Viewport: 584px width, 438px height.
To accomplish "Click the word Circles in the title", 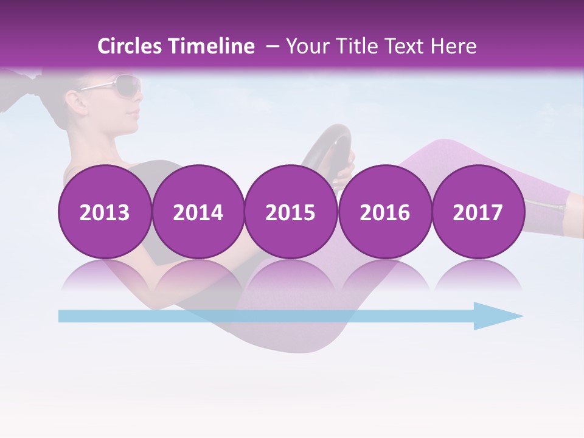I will [x=129, y=46].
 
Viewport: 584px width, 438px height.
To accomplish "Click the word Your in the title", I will [x=304, y=46].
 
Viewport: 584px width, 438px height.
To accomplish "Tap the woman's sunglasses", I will [x=119, y=85].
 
